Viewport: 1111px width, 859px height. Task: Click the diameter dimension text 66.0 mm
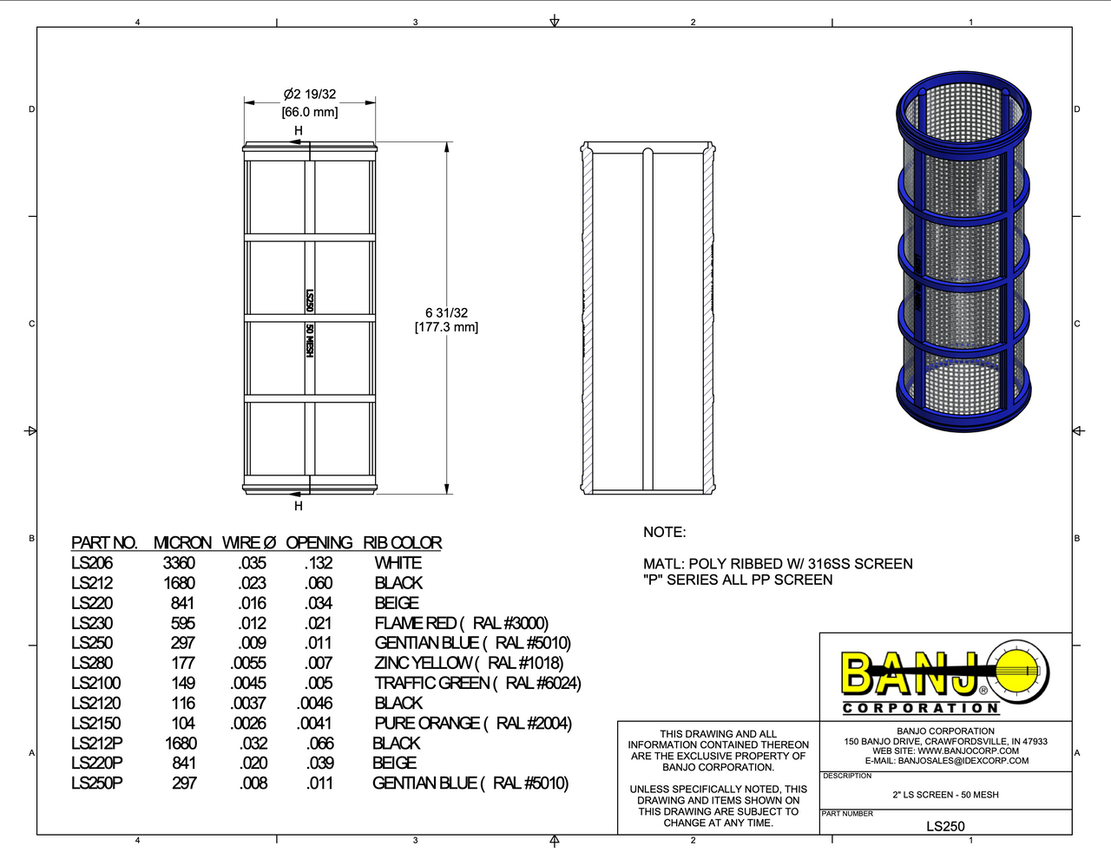click(310, 112)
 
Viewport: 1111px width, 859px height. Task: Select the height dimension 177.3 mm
click(446, 327)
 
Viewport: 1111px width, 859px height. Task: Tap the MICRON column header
click(182, 543)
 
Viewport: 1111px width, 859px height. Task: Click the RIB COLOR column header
click(402, 543)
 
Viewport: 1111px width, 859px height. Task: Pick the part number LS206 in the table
click(92, 563)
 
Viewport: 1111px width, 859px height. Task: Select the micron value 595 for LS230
click(183, 623)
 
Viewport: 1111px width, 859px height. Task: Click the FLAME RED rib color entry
click(461, 623)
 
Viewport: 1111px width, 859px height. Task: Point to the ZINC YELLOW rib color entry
click(469, 663)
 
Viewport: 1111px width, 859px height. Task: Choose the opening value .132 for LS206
click(319, 563)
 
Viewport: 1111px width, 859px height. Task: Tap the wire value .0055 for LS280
click(248, 663)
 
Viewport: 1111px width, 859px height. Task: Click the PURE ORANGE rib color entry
click(473, 723)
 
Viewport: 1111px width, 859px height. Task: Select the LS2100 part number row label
click(95, 683)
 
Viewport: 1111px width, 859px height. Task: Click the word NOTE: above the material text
click(664, 532)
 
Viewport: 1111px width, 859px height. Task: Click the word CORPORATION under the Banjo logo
click(921, 708)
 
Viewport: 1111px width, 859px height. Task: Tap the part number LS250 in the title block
click(945, 826)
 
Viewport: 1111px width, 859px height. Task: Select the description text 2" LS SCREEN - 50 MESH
click(945, 795)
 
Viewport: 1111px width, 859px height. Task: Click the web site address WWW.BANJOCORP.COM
click(968, 751)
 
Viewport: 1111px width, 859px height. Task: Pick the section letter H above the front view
click(299, 131)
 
